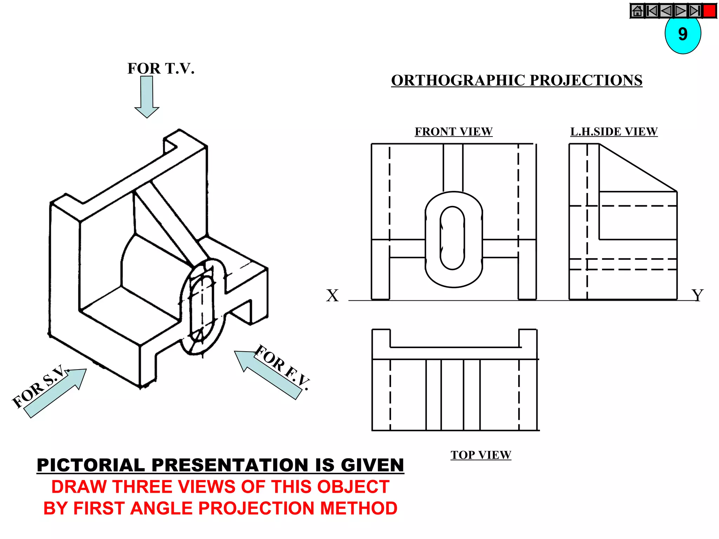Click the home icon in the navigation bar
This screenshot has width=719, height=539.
637,11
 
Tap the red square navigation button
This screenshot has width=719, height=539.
710,11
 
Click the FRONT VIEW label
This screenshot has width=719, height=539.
453,132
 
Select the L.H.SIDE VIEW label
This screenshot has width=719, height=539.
614,132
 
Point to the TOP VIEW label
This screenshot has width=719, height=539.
481,455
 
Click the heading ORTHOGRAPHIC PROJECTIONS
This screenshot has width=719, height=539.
516,80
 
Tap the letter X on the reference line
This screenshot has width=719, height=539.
332,295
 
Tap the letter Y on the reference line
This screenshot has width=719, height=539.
697,295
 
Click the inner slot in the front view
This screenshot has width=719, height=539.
452,238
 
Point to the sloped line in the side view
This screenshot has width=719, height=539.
638,168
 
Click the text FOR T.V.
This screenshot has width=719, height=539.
161,68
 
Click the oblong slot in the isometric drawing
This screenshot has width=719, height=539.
202,305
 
